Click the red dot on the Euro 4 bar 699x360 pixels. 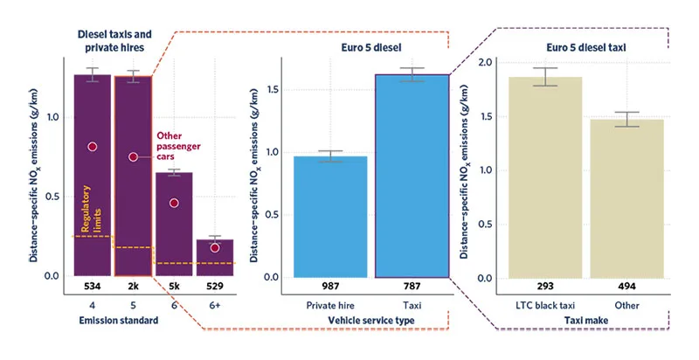pyautogui.click(x=92, y=147)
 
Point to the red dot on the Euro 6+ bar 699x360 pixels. pyautogui.click(x=215, y=247)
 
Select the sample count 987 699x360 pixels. pyautogui.click(x=330, y=287)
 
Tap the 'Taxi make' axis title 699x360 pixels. pyautogui.click(x=580, y=322)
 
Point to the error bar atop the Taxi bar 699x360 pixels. pyautogui.click(x=412, y=74)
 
